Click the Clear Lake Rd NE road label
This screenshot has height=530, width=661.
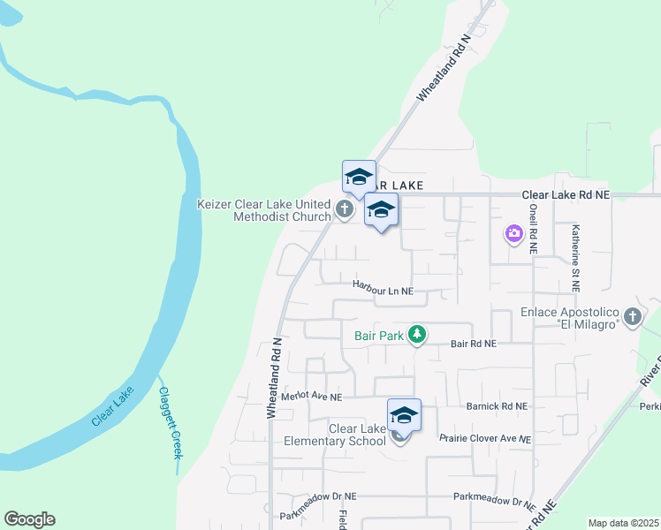click(x=566, y=193)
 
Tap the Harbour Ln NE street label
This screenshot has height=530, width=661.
click(x=383, y=286)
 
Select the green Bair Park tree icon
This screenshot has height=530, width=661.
click(x=417, y=335)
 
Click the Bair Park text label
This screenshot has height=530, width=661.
click(x=378, y=336)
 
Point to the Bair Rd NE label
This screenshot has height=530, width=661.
click(x=474, y=344)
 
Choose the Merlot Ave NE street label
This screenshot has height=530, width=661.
click(x=311, y=397)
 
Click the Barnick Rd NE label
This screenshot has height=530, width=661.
click(x=496, y=406)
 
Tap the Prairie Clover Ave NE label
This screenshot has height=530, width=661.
click(x=485, y=438)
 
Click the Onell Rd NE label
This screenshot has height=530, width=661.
click(x=533, y=229)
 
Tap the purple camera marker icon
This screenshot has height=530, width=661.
click(x=513, y=234)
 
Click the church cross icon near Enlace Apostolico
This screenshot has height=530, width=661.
click(x=632, y=316)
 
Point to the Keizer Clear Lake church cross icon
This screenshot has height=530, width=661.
click(x=345, y=209)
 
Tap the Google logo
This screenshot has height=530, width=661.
click(x=29, y=519)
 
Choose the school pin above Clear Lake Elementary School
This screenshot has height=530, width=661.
click(x=404, y=415)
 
